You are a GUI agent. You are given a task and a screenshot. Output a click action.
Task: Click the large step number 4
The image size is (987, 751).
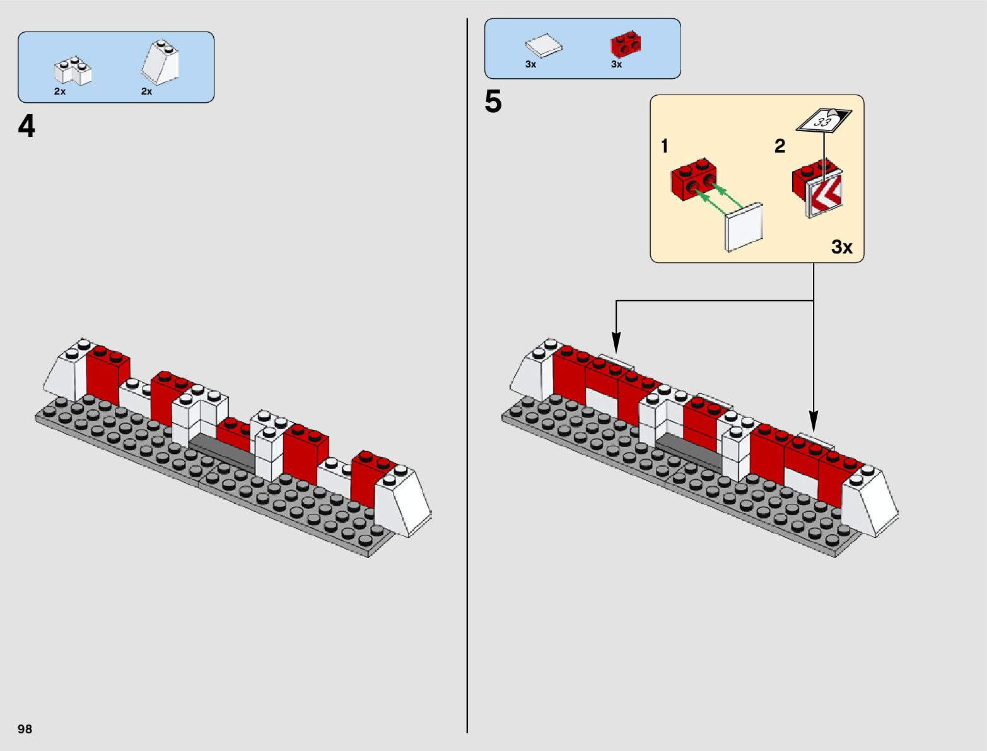click(26, 127)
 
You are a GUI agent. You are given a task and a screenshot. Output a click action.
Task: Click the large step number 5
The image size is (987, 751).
click(493, 102)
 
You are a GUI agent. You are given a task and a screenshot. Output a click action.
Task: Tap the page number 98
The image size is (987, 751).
click(25, 729)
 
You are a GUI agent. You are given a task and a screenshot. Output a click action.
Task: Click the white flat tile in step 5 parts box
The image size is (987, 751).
click(543, 46)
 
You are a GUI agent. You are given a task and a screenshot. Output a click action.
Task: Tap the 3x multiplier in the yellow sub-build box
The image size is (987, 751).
click(841, 247)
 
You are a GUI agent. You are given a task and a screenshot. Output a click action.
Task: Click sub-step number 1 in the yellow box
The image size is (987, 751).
click(664, 146)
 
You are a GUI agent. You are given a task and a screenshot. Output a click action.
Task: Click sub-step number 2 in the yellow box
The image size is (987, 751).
click(780, 146)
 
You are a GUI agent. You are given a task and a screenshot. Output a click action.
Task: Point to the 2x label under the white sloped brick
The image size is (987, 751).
click(146, 91)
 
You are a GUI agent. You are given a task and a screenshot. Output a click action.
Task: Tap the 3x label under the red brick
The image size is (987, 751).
click(616, 64)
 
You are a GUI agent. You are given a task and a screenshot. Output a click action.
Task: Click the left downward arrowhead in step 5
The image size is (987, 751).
click(616, 344)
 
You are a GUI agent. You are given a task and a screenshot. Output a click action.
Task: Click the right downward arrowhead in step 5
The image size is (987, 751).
click(814, 421)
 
